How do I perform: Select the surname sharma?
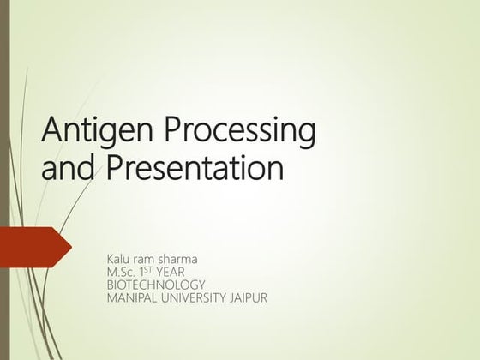(x=189, y=258)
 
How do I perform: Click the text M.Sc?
(x=121, y=272)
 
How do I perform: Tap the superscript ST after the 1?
(x=154, y=269)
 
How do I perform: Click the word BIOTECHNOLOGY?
(x=155, y=285)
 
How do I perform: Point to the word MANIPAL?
(x=130, y=297)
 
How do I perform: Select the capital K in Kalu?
(x=109, y=258)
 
